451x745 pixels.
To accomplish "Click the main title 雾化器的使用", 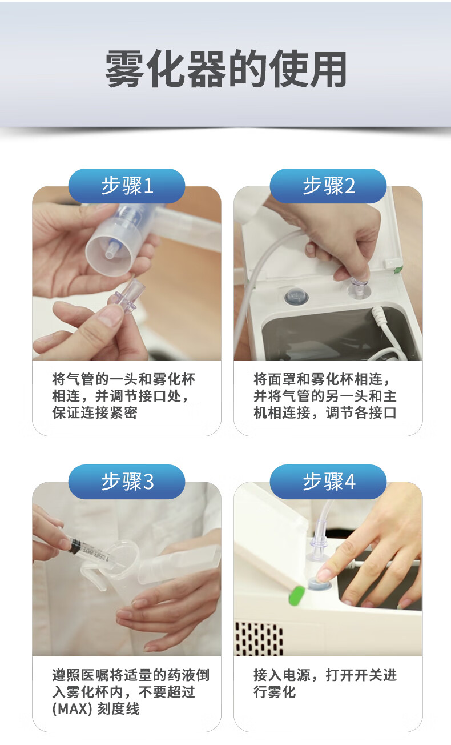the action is tap(226, 69).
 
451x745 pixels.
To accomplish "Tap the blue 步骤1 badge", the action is tap(127, 186).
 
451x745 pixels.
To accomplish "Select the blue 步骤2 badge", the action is tap(328, 186).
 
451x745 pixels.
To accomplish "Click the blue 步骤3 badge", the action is tap(127, 481).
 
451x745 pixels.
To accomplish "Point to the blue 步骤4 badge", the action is tap(328, 481).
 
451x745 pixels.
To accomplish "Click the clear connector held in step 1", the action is tap(128, 297).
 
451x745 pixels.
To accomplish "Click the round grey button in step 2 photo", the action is tap(296, 296).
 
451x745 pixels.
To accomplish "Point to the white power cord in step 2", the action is tap(392, 336).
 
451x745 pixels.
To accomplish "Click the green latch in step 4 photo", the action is tap(296, 595).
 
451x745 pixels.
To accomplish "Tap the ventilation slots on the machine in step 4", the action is tap(259, 639).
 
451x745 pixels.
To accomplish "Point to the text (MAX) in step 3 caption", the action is tap(72, 709).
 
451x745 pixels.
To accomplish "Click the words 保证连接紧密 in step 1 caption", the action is tap(95, 412).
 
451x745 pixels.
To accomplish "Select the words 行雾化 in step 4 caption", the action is tap(275, 692).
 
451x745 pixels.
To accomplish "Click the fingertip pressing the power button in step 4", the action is tap(323, 575).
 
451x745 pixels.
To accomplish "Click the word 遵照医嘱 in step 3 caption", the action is tap(80, 675).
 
